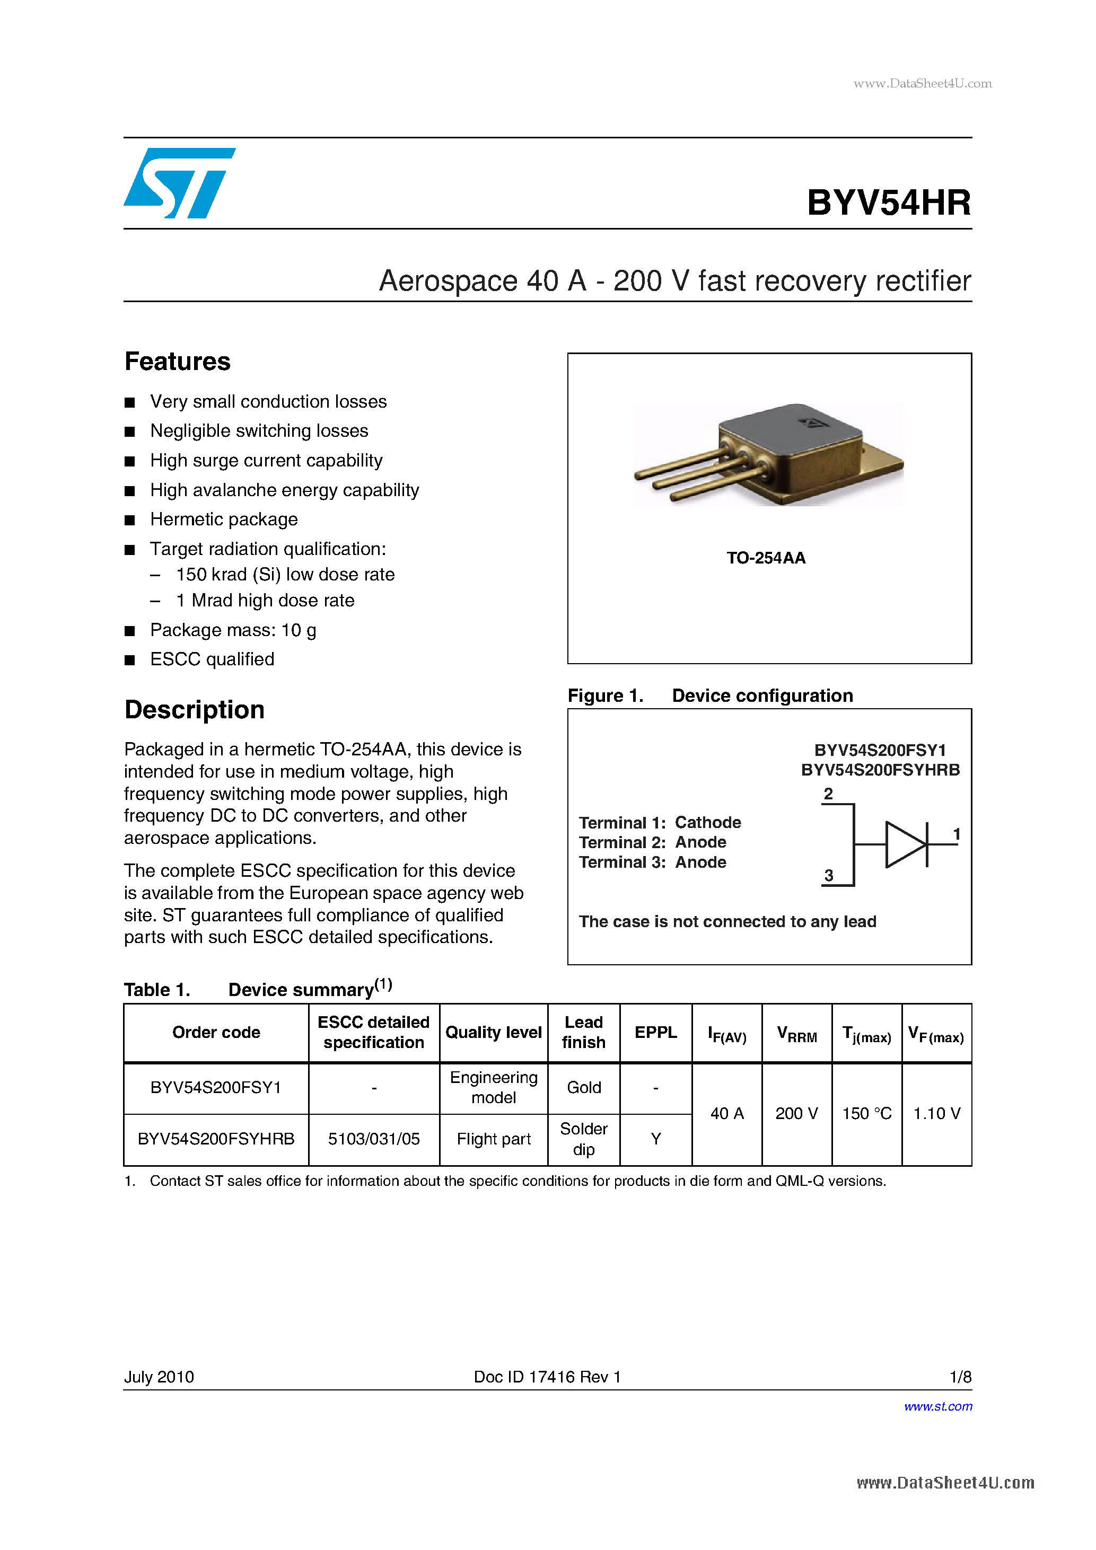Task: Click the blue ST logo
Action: [178, 183]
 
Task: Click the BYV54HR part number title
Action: [888, 202]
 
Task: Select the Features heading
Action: [178, 362]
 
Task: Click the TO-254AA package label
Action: [766, 558]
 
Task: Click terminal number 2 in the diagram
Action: [828, 794]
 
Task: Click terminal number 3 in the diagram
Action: [829, 876]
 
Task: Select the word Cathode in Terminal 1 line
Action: [708, 822]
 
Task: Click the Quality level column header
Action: [493, 1033]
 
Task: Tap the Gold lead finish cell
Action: [583, 1088]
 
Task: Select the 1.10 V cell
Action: [936, 1114]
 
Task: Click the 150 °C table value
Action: [866, 1114]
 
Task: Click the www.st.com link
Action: [937, 1406]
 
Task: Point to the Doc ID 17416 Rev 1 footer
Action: [547, 1377]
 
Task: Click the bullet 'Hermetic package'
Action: [224, 519]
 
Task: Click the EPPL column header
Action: [655, 1033]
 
